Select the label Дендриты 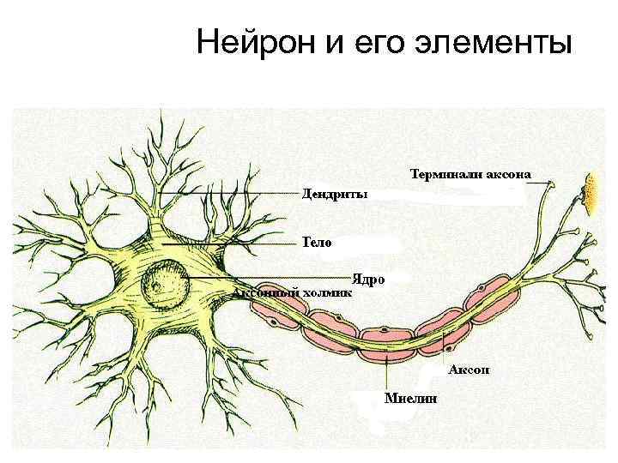click(x=334, y=194)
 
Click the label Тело click(x=316, y=242)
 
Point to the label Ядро click(x=368, y=280)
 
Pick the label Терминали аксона click(x=470, y=175)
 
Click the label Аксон click(x=469, y=370)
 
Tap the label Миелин click(x=410, y=398)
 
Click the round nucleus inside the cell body click(x=167, y=283)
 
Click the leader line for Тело click(x=232, y=244)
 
